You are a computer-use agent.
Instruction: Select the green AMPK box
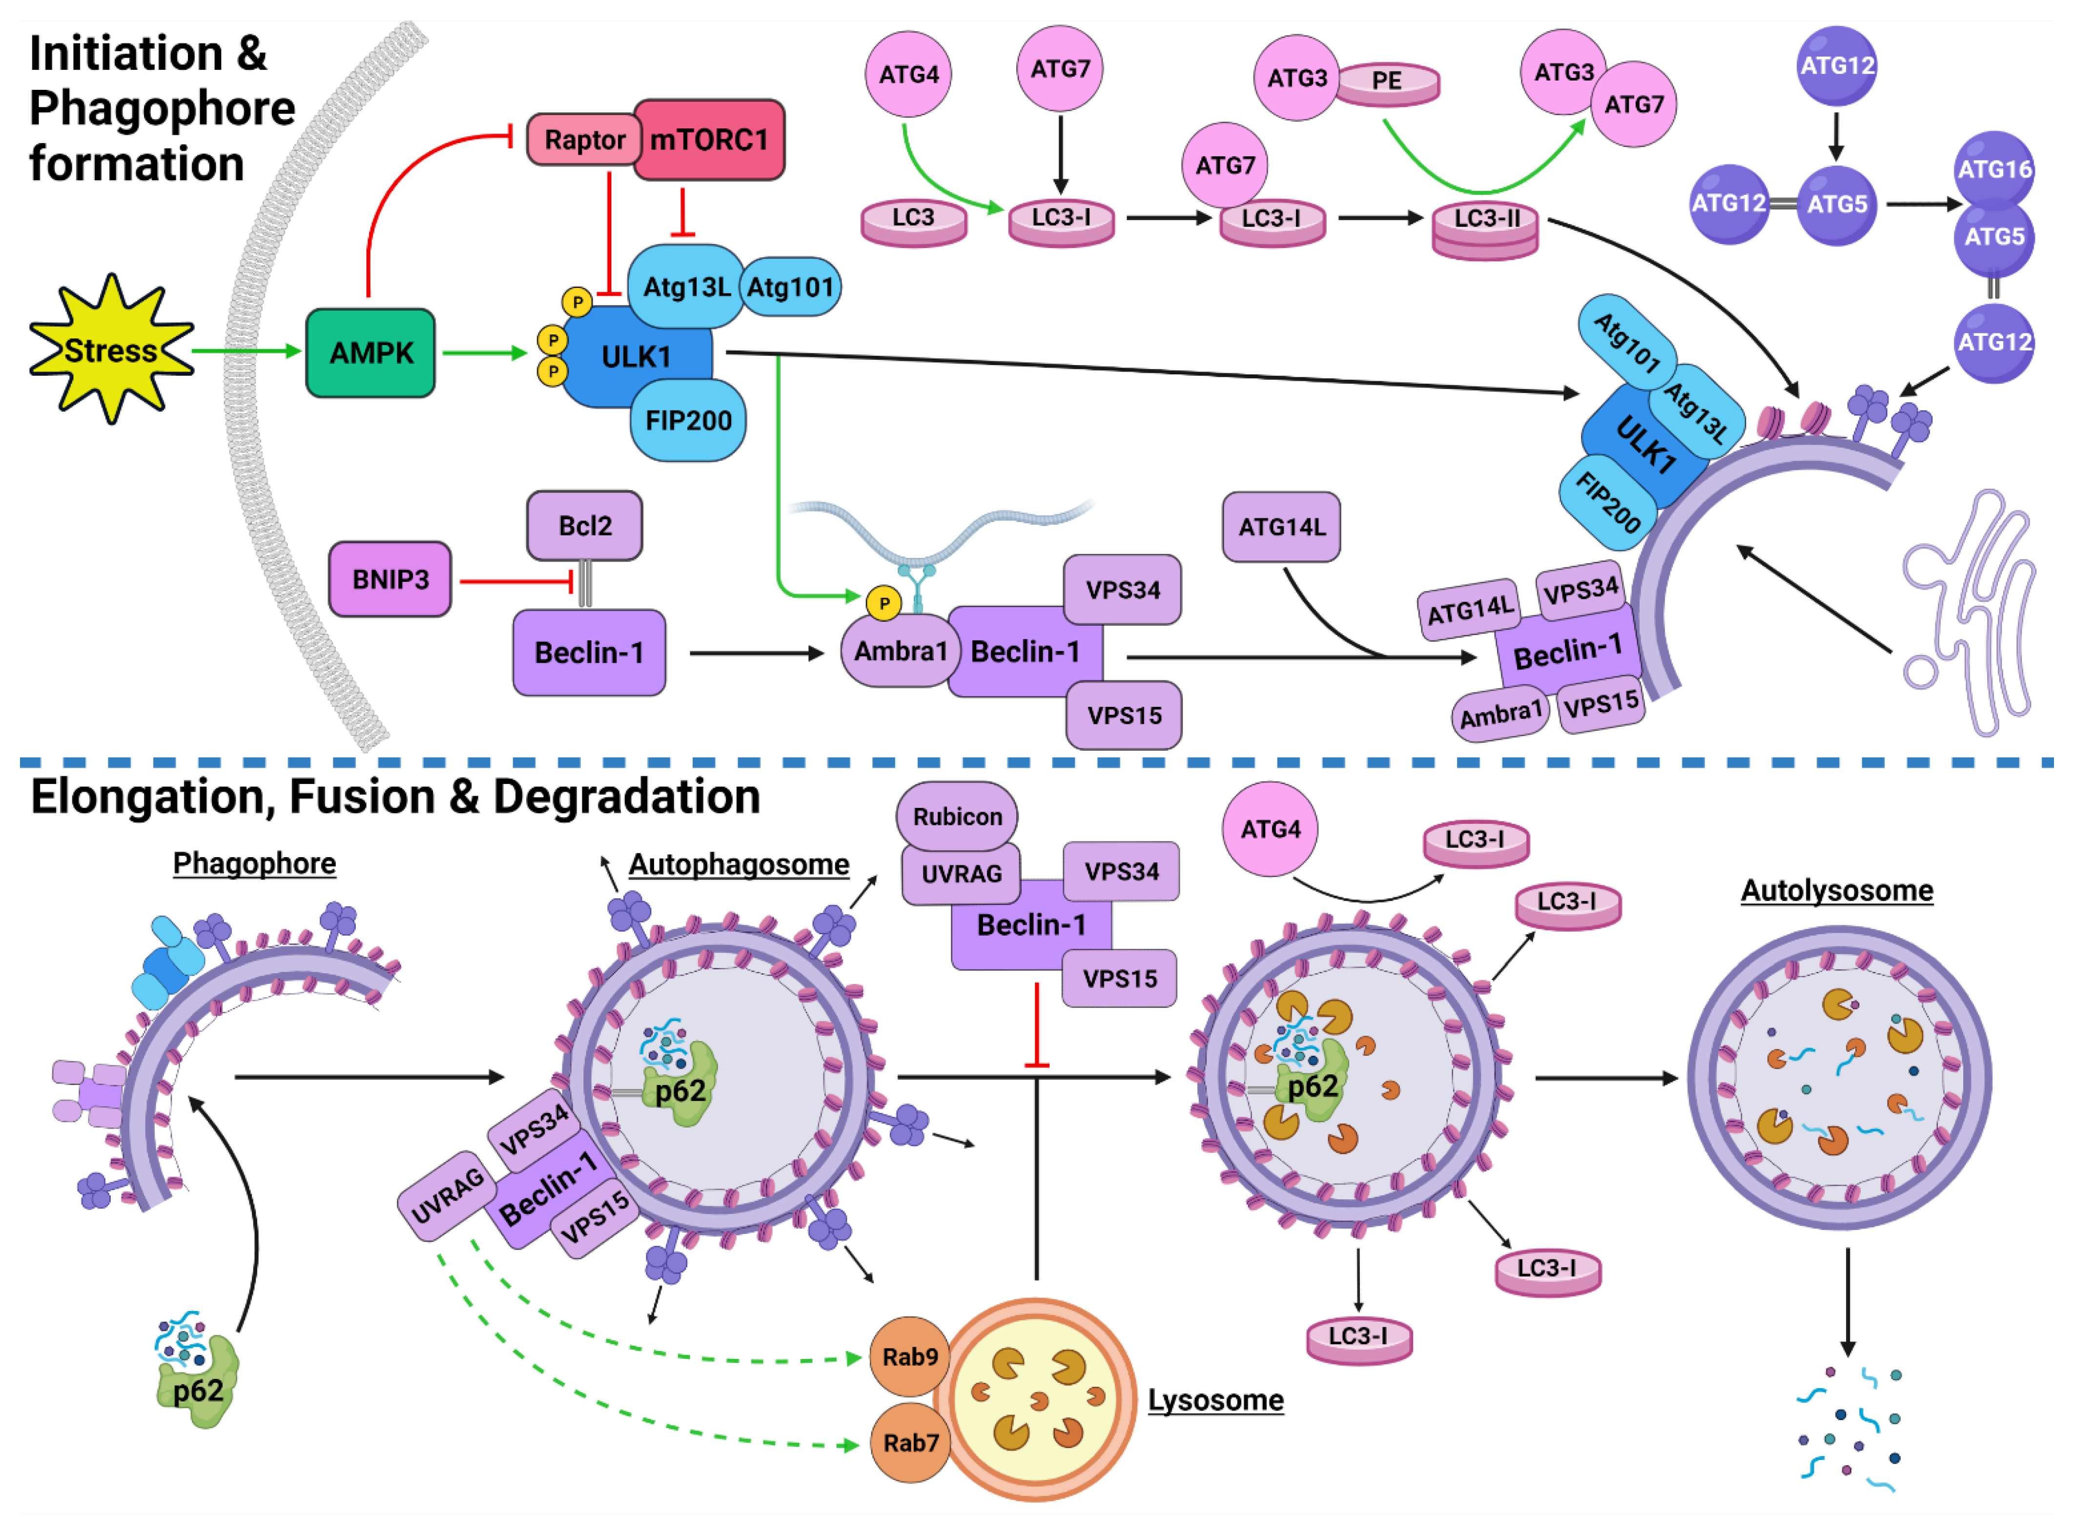coord(370,353)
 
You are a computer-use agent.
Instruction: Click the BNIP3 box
coord(390,579)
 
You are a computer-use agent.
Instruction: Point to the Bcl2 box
coord(585,526)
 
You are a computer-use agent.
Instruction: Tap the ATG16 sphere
coord(1993,170)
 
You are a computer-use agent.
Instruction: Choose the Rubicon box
coord(957,817)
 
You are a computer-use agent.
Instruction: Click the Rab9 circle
coord(909,1357)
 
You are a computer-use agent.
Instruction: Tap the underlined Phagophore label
coord(255,863)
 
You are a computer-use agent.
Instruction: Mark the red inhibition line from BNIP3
coord(515,581)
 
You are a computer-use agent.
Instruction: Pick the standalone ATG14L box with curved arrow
coord(1281,527)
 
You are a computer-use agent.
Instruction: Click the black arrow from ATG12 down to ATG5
coord(1836,136)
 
